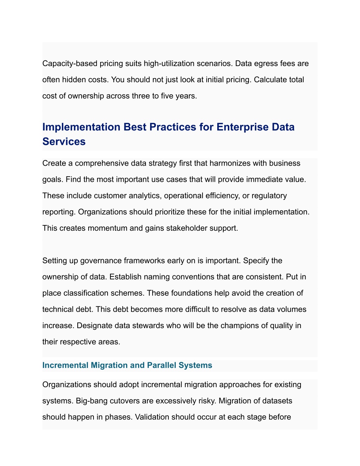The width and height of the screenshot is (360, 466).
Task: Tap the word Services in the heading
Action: (x=64, y=141)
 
